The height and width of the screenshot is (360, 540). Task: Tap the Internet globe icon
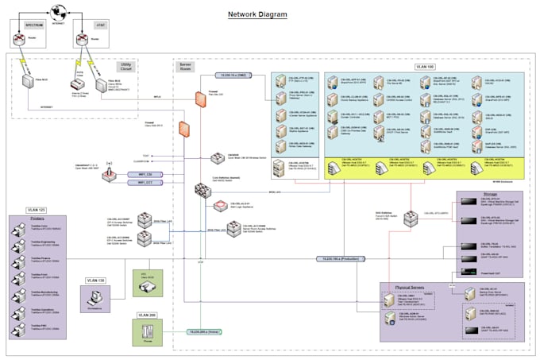[57, 11]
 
